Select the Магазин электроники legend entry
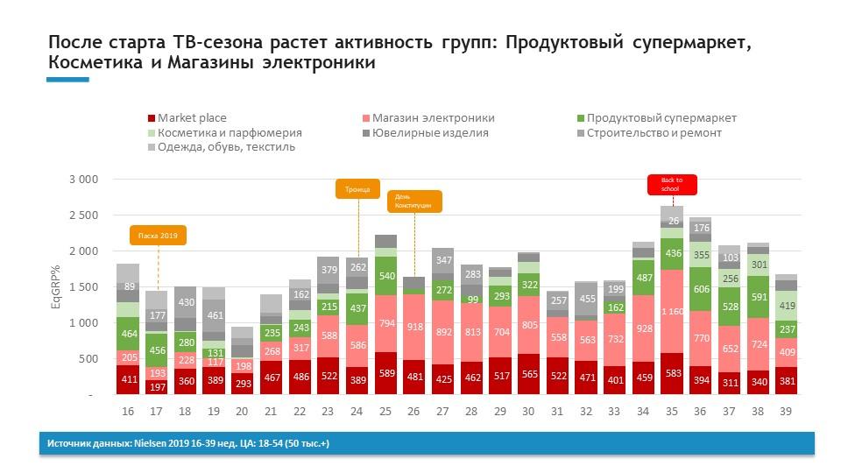(x=433, y=118)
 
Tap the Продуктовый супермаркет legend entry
(x=661, y=118)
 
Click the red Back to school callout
(x=672, y=184)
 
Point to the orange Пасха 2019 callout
(x=159, y=235)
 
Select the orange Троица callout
(x=357, y=189)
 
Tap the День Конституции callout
(x=414, y=201)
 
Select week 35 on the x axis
(x=671, y=411)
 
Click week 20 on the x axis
(x=242, y=411)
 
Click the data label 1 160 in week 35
(x=672, y=311)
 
